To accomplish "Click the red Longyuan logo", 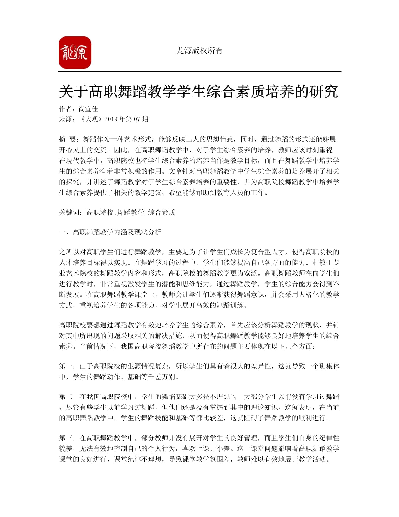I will [x=75, y=53].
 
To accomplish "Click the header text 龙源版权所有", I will [x=199, y=51].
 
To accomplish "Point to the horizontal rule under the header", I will [x=199, y=72].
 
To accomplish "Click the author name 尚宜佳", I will [x=88, y=109].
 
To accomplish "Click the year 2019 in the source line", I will [x=111, y=119].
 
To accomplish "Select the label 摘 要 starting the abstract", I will [x=68, y=139].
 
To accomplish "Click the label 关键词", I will [x=69, y=212].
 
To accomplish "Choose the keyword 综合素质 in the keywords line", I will [x=161, y=212].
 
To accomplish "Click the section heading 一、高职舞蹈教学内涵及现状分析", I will [x=110, y=232].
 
